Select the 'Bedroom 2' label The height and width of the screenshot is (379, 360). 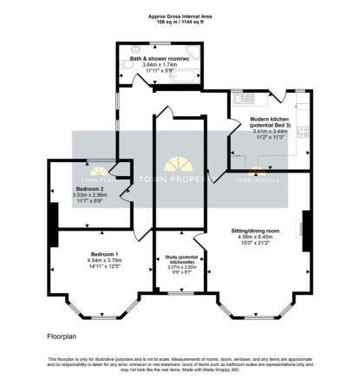(89, 189)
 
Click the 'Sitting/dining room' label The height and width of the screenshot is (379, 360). (256, 231)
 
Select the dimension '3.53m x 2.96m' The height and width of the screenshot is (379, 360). (89, 195)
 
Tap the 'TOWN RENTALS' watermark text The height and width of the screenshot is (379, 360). (257, 180)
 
